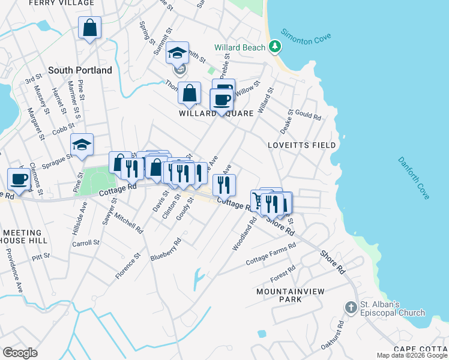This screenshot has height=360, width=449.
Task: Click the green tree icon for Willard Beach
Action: [274, 46]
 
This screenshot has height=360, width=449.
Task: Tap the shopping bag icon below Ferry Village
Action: [89, 28]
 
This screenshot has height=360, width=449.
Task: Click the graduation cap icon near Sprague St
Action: [82, 144]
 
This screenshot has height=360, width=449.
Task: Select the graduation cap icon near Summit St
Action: [178, 53]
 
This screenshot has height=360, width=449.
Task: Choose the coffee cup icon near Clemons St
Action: [19, 179]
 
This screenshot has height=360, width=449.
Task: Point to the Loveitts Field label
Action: [301, 145]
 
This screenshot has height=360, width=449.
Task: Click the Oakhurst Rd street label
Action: [339, 332]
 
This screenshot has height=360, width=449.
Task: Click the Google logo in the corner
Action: [20, 353]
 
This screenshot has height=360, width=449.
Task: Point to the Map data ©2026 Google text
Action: [411, 355]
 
